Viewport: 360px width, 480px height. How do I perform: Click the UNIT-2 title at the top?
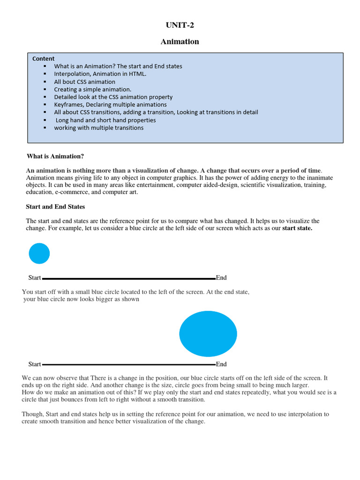[x=180, y=25]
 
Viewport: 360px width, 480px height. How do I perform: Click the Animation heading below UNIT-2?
[x=180, y=42]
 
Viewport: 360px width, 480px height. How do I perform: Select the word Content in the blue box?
[x=43, y=59]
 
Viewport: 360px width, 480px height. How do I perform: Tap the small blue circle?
[x=39, y=253]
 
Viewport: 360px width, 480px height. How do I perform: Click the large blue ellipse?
[x=208, y=334]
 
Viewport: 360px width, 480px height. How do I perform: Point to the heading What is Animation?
[x=55, y=156]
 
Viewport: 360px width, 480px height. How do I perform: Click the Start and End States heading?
[x=55, y=207]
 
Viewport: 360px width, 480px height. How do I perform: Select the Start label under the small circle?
[x=35, y=278]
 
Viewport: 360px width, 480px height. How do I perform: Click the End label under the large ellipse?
[x=221, y=364]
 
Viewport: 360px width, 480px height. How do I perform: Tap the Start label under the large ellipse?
[x=35, y=364]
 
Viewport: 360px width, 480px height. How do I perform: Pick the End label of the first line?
[x=221, y=278]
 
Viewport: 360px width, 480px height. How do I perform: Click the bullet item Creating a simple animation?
[x=92, y=89]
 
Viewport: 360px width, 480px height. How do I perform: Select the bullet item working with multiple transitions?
[x=98, y=127]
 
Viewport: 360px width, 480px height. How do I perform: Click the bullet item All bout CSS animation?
[x=84, y=82]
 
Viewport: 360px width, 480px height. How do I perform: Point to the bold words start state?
[x=297, y=228]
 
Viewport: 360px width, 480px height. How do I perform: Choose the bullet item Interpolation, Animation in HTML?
[x=100, y=74]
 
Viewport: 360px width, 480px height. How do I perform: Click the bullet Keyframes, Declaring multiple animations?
[x=110, y=105]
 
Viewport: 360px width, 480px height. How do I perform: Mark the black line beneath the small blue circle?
[x=128, y=278]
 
